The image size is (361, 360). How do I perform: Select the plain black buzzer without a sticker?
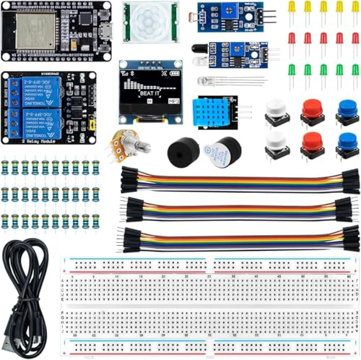(x=183, y=153)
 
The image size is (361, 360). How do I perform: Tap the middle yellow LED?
(x=323, y=7)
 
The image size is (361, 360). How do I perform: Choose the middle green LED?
(x=323, y=70)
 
